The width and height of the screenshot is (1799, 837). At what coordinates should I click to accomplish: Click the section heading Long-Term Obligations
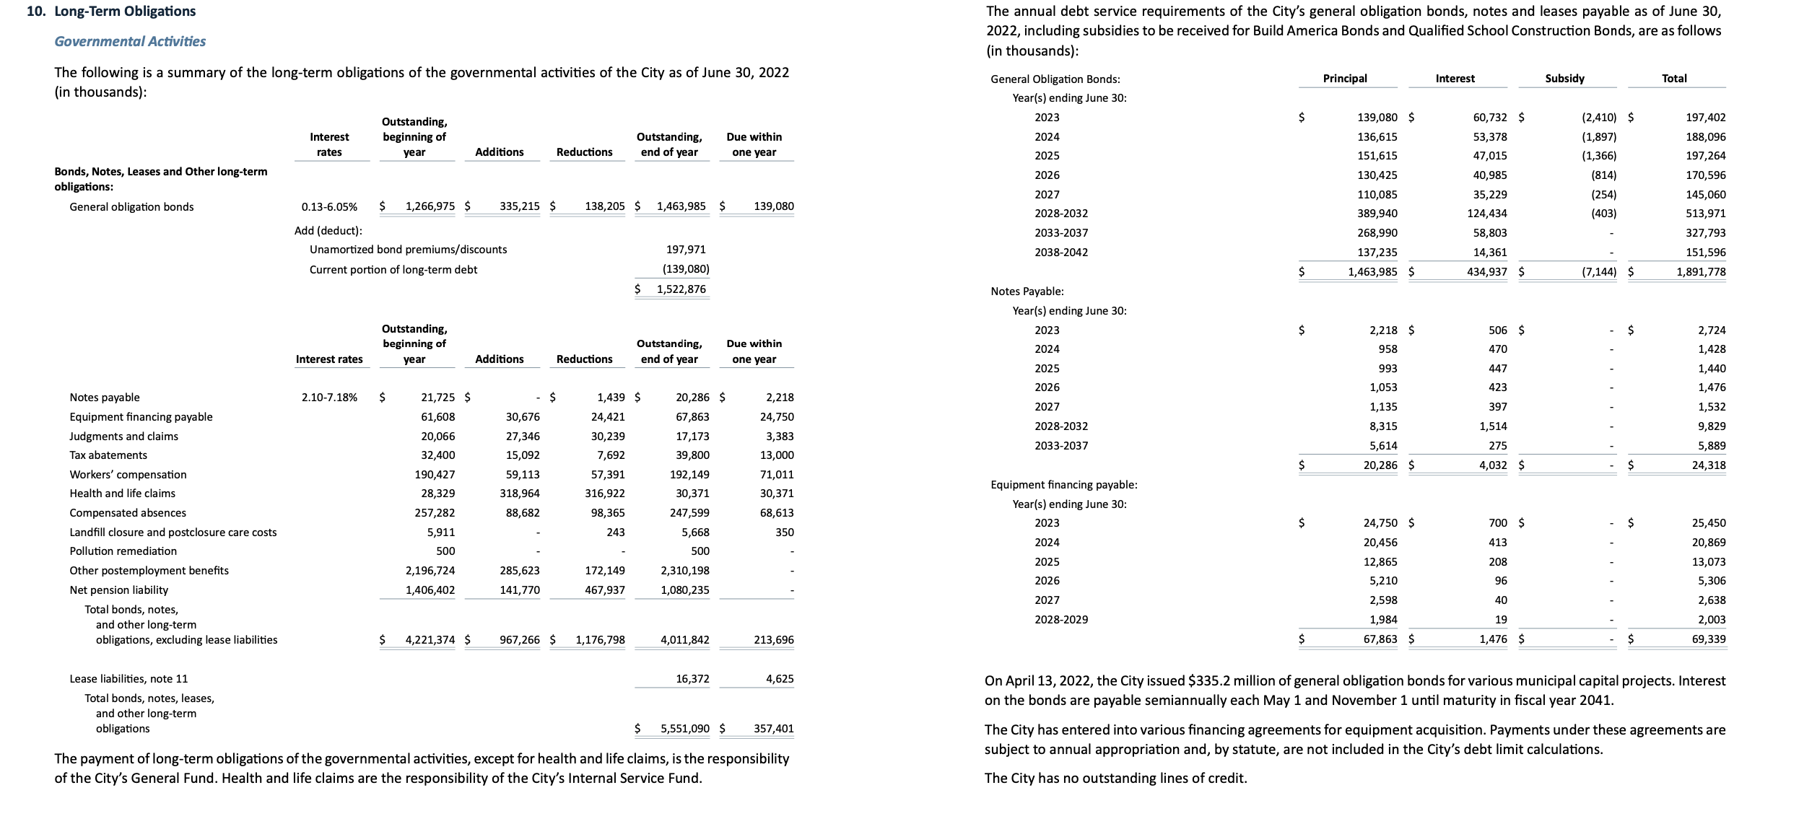(125, 12)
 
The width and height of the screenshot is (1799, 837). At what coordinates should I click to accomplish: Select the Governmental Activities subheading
(130, 41)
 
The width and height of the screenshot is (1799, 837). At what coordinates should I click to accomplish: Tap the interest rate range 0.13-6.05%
(328, 207)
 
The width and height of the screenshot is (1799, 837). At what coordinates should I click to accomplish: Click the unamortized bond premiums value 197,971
(685, 250)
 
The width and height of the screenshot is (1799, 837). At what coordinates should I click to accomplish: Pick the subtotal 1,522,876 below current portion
(680, 289)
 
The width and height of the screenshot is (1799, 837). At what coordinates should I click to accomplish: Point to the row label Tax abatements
(108, 455)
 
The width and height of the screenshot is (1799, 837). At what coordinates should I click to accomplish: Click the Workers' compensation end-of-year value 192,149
(689, 475)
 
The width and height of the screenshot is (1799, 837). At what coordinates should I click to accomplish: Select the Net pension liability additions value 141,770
(519, 590)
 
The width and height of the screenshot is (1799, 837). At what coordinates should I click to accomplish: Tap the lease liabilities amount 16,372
(692, 679)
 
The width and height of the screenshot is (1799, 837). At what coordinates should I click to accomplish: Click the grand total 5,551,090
(684, 729)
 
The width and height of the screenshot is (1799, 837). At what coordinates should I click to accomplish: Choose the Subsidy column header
(1564, 79)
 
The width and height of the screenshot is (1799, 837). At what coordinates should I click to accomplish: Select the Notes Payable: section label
(1027, 292)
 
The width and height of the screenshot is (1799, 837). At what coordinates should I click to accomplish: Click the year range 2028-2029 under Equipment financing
(1060, 620)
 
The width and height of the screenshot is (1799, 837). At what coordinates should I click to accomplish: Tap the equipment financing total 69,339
(1708, 639)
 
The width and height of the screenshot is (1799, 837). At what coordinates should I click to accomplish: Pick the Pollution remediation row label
(123, 551)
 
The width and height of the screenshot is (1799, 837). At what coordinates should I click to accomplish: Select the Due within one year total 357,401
(773, 729)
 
